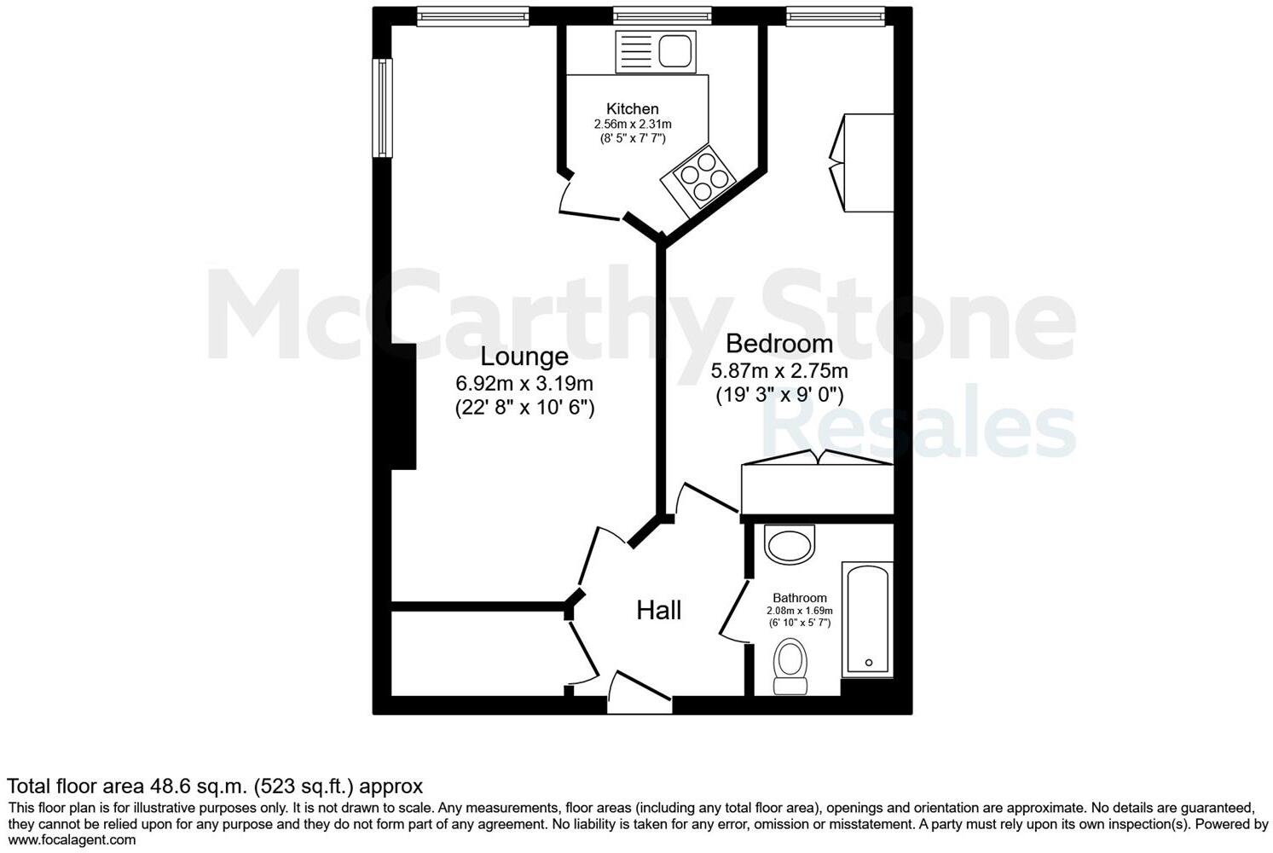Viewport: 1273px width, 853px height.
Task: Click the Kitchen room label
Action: pos(632,109)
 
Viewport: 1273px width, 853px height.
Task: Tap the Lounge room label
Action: pos(524,357)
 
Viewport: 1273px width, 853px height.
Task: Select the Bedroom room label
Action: pos(779,344)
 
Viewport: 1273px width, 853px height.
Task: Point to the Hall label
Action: pos(659,610)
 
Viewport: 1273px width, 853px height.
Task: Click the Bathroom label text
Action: pos(800,598)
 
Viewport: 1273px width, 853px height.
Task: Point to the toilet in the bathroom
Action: pos(790,667)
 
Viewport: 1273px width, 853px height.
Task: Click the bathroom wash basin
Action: pos(790,543)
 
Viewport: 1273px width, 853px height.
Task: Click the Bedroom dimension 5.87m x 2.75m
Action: pos(779,371)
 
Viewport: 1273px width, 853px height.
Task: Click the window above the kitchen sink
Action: pos(662,15)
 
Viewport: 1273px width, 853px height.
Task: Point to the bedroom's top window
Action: pos(835,15)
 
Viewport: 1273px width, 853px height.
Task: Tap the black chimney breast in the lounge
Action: pos(402,406)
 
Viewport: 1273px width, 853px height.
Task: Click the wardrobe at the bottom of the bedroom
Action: pos(817,487)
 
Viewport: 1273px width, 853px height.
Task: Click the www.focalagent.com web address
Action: pos(72,840)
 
